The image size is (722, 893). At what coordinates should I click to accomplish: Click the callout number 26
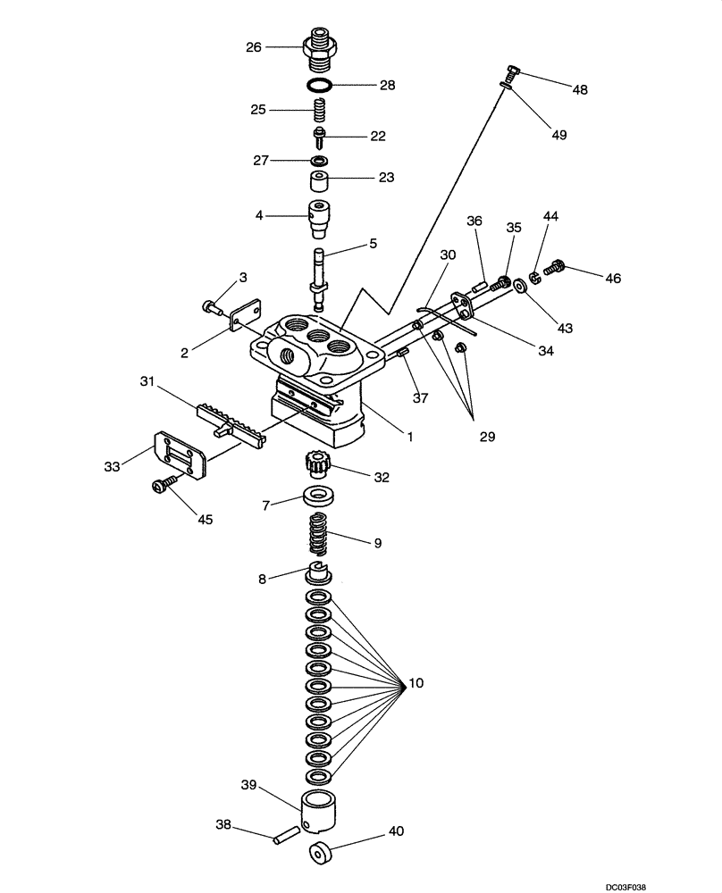[x=253, y=46]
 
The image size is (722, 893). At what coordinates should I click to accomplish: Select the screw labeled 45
[x=163, y=484]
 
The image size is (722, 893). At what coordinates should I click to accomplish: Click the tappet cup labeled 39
[x=321, y=811]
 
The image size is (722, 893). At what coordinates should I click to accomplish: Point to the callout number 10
[x=416, y=684]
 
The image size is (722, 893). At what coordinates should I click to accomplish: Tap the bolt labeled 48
[x=512, y=71]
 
